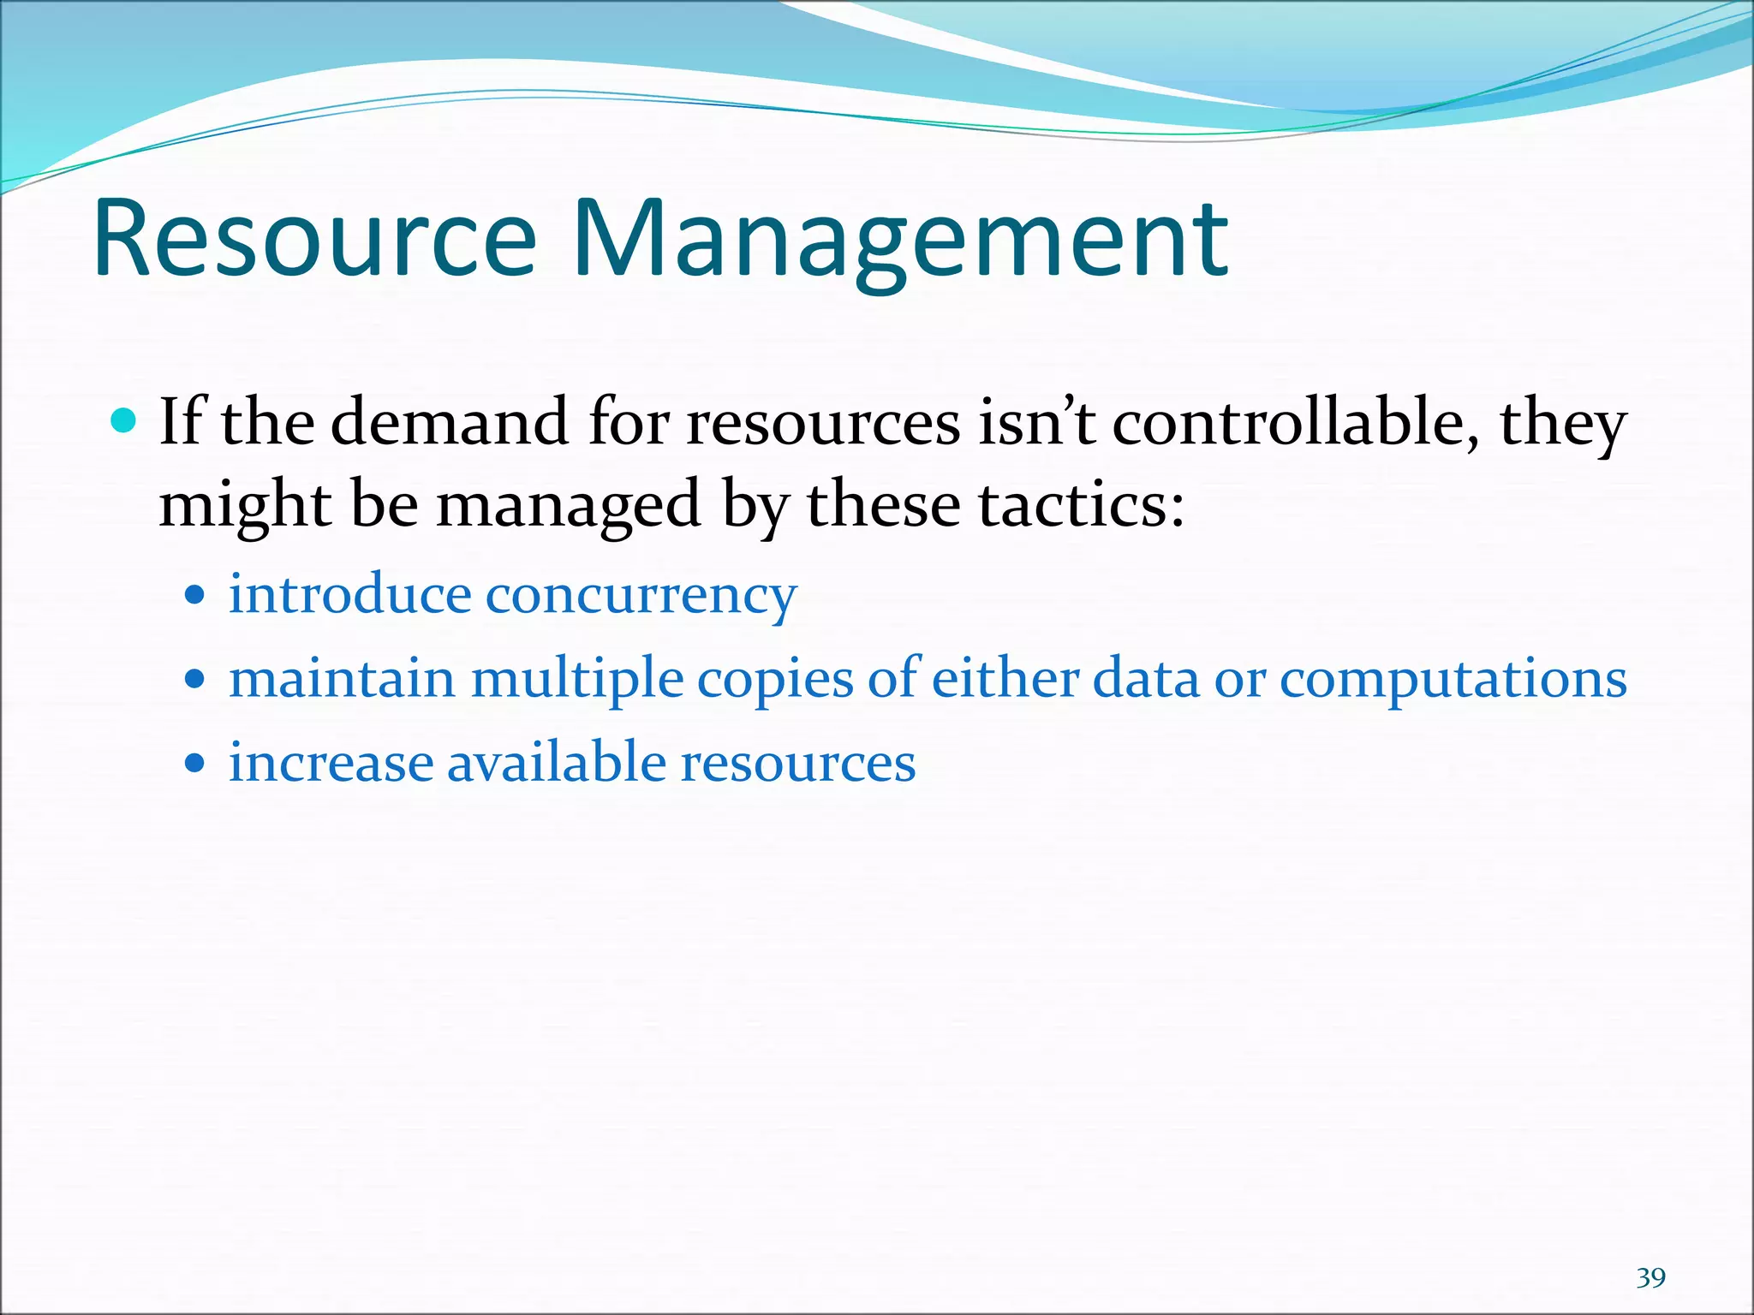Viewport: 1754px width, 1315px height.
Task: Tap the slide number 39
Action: (x=1650, y=1277)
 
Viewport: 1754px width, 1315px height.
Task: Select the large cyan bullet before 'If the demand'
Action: (x=125, y=421)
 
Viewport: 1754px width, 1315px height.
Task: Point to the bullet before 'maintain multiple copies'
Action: (x=195, y=679)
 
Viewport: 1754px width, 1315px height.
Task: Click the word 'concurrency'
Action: (x=641, y=595)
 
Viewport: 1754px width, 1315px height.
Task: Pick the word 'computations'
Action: (x=1453, y=681)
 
